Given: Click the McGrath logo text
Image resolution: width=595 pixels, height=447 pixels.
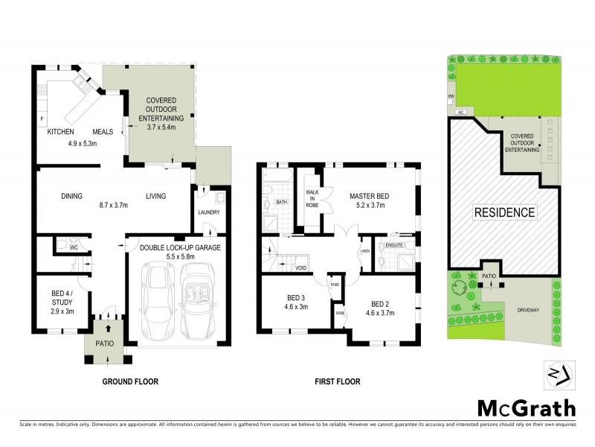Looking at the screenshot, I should click(525, 408).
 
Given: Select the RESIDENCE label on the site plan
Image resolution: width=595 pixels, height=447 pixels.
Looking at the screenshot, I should click(504, 212).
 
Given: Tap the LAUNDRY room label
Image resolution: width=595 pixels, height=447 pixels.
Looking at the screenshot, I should click(209, 212).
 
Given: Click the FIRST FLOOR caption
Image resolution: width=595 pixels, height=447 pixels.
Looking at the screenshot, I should click(336, 381).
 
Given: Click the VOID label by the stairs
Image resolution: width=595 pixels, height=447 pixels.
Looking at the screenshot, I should click(300, 267).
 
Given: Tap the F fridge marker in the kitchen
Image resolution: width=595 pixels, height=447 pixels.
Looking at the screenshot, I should click(42, 119).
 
